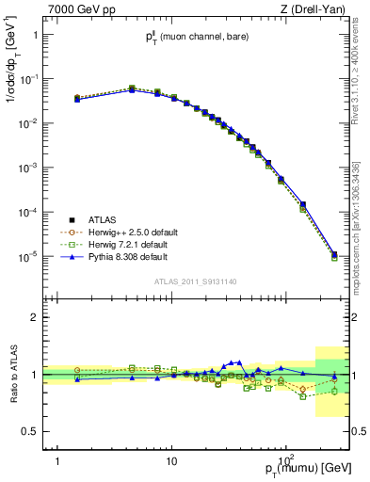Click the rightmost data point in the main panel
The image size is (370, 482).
(335, 255)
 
